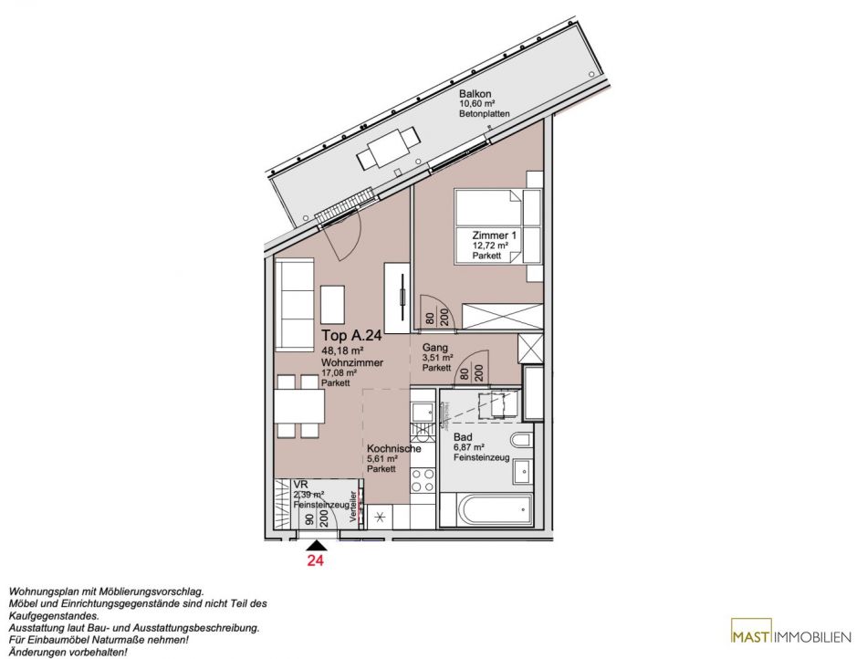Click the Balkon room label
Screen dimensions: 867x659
[475, 94]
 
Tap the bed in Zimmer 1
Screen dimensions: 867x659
[488, 226]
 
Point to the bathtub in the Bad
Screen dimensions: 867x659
[486, 510]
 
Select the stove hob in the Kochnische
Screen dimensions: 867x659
[423, 480]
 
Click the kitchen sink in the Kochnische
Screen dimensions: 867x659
[422, 411]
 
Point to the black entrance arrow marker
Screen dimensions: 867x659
[317, 546]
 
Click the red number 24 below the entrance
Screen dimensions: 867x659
[315, 560]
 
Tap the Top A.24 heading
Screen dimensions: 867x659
[351, 336]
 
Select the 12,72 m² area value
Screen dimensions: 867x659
[490, 246]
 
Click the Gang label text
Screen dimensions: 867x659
[434, 348]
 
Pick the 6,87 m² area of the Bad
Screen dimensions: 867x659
[469, 447]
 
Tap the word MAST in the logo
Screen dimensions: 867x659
[750, 637]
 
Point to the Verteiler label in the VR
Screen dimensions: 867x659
[353, 506]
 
